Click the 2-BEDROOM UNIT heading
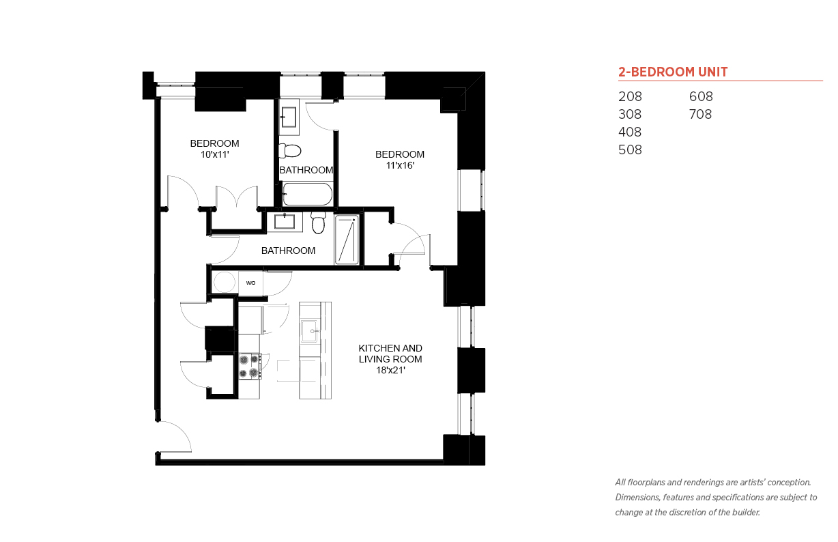click(673, 72)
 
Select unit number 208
click(630, 96)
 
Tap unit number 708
click(700, 114)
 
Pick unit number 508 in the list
click(630, 149)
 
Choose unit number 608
click(701, 96)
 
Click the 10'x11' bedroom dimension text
click(215, 154)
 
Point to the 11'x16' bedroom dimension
click(400, 165)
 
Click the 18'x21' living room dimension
click(390, 370)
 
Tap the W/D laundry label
click(250, 283)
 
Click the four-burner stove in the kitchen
click(250, 366)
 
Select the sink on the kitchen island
click(310, 331)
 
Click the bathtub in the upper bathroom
click(308, 194)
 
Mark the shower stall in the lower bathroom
click(347, 240)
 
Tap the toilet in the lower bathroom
click(319, 223)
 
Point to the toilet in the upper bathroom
click(289, 151)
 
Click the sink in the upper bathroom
click(289, 117)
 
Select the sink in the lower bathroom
click(285, 222)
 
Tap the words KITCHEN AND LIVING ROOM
click(390, 354)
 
